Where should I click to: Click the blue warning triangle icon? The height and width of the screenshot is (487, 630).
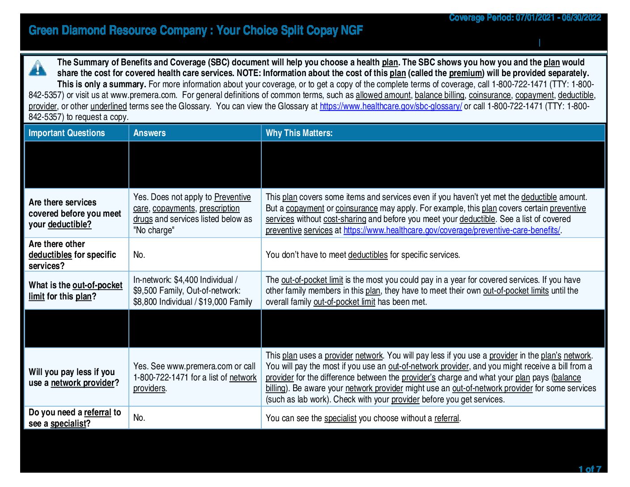(38, 68)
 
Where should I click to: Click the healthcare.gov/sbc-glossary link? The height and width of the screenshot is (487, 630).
(391, 106)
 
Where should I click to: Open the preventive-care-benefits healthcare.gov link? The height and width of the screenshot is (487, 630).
(452, 230)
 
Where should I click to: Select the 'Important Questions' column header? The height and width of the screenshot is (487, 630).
(67, 133)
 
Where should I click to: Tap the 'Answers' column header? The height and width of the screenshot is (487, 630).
(149, 133)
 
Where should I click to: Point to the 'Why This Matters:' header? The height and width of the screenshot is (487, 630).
(299, 133)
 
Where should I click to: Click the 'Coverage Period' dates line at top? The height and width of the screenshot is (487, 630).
(525, 17)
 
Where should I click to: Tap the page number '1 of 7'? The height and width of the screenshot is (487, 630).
(590, 469)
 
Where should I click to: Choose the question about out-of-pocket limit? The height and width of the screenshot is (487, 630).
(75, 291)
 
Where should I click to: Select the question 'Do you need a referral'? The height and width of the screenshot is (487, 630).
(75, 418)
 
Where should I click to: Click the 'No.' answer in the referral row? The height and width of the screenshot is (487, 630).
(139, 418)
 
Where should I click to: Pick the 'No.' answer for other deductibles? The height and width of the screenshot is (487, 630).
(139, 255)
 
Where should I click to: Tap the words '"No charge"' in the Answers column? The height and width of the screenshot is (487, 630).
(154, 230)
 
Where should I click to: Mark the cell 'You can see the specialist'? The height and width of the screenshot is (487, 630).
(363, 418)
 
